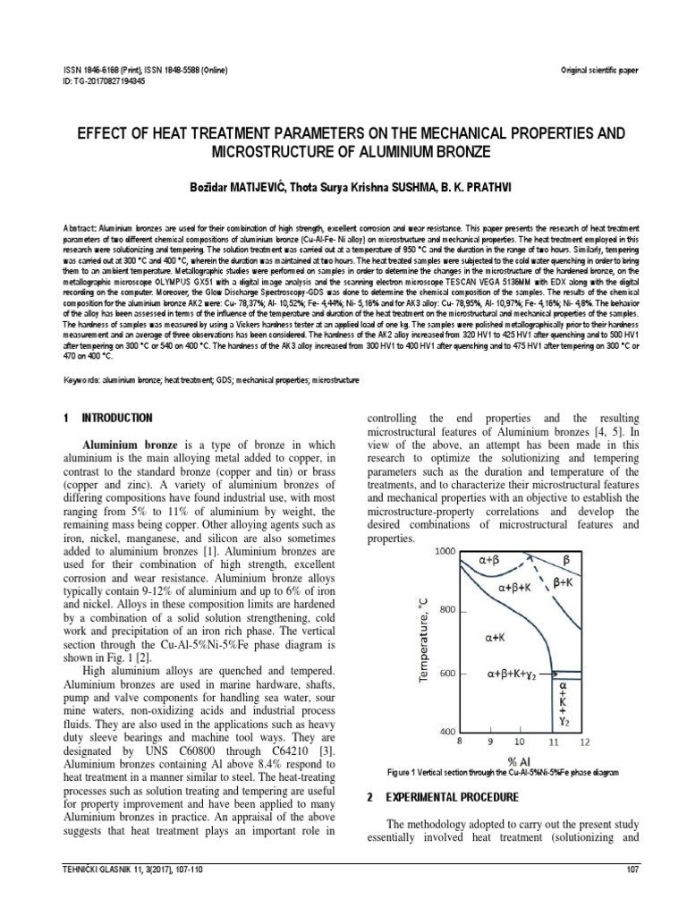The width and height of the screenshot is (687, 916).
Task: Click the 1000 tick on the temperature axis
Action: pos(445,553)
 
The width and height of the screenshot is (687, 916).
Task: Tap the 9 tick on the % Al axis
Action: pos(490,741)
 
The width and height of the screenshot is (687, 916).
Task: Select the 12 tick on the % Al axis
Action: pos(585,741)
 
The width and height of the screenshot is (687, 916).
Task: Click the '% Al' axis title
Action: pos(522,759)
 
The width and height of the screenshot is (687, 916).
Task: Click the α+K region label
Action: pos(497,639)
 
